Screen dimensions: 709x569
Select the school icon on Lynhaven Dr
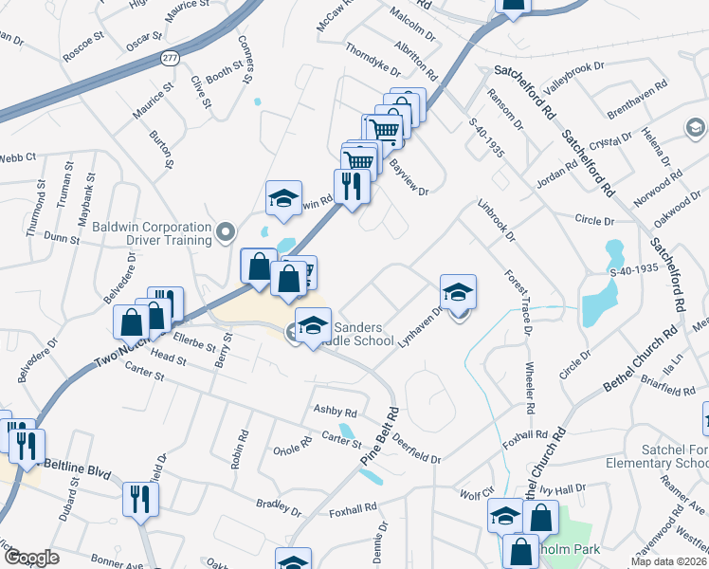(458, 293)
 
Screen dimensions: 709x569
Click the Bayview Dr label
(409, 177)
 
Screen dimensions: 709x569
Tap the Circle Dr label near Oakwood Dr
(595, 220)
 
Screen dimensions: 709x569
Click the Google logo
(31, 559)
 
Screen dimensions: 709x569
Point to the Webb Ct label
(17, 157)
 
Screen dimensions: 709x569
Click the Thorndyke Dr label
(373, 58)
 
